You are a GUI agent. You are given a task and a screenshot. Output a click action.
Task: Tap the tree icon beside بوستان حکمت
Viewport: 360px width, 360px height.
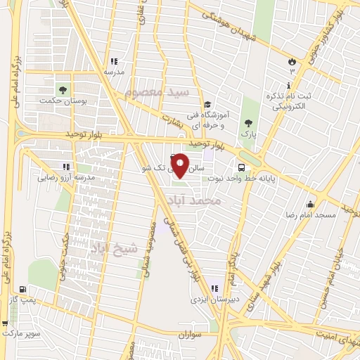63,90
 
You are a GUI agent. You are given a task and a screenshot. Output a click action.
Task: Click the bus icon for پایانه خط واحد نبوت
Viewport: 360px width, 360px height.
241,168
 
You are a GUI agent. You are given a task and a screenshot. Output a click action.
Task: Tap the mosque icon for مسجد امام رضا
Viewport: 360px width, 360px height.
309,204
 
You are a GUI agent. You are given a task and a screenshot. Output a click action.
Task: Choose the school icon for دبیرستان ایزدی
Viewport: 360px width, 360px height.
214,288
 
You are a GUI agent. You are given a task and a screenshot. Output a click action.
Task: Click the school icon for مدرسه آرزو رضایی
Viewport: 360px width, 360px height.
65,167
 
